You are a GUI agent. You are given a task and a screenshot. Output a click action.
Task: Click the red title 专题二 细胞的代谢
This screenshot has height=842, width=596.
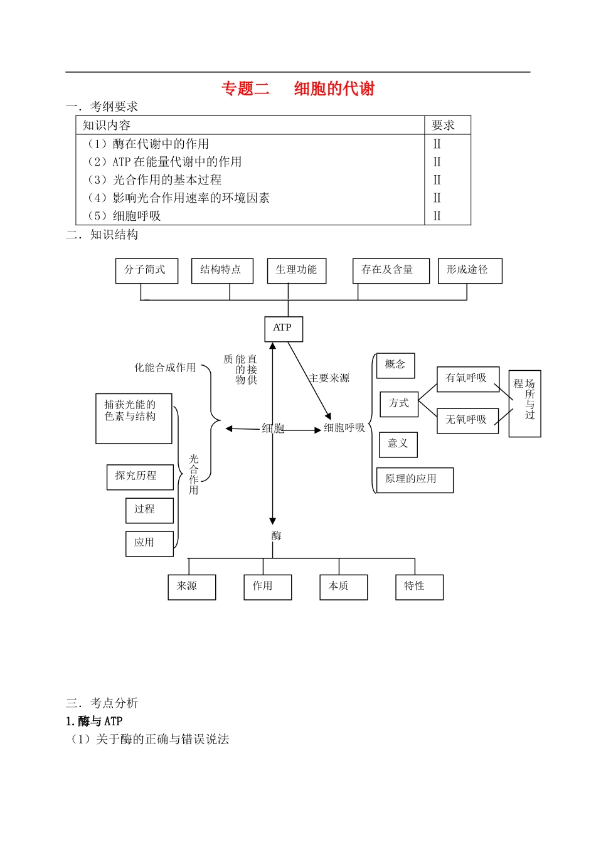coord(298,89)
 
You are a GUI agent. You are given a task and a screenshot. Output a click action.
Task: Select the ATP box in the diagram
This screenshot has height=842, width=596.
coord(284,329)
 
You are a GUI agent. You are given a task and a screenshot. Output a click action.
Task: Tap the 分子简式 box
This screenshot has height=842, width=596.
coord(147,270)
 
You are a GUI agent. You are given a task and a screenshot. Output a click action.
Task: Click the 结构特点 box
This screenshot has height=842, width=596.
coord(222,270)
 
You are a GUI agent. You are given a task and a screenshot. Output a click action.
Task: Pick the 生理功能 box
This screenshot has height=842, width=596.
coord(297,270)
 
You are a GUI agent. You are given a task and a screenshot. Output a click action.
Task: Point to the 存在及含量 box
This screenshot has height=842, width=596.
coord(391,270)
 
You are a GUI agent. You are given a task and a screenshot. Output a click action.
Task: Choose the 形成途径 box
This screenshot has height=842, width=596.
coord(470,270)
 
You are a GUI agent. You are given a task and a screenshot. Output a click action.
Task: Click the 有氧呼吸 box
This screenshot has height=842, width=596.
coord(468,379)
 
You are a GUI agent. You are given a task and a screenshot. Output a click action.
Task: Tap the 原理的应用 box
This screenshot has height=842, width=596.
coord(414,480)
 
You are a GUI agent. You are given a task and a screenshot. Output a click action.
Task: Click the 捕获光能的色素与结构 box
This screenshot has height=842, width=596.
coord(134,418)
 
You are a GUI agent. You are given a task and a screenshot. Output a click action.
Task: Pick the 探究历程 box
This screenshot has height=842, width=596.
coord(140,477)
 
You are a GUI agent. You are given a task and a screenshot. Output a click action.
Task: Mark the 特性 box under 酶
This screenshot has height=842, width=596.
coord(419,587)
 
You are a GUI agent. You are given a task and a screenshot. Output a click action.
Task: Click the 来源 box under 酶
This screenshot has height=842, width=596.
coord(191,587)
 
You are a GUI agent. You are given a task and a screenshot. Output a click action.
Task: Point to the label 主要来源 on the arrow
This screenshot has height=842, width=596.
coord(329,378)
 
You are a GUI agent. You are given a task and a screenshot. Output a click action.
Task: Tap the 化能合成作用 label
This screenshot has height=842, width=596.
coord(165,368)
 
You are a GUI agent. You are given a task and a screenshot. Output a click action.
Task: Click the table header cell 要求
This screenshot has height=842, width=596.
coord(443,125)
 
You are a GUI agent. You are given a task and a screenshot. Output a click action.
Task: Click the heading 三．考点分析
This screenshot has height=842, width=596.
coord(102,703)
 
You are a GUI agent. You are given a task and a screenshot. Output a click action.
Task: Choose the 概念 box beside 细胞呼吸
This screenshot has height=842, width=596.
coord(395,366)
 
